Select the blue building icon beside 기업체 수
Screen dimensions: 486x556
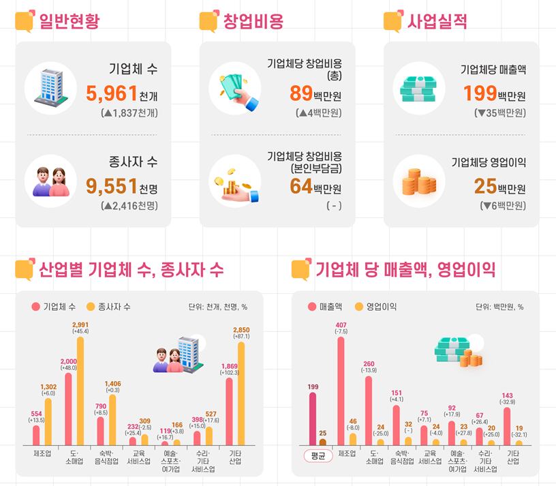(x=51, y=90)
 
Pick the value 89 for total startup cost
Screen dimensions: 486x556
(x=300, y=93)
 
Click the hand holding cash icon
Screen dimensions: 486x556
(x=236, y=90)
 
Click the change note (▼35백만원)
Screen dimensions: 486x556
(x=499, y=113)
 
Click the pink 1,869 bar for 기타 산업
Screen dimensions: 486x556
(x=229, y=411)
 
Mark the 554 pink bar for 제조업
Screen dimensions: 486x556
(x=36, y=435)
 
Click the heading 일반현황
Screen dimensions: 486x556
(x=68, y=21)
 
